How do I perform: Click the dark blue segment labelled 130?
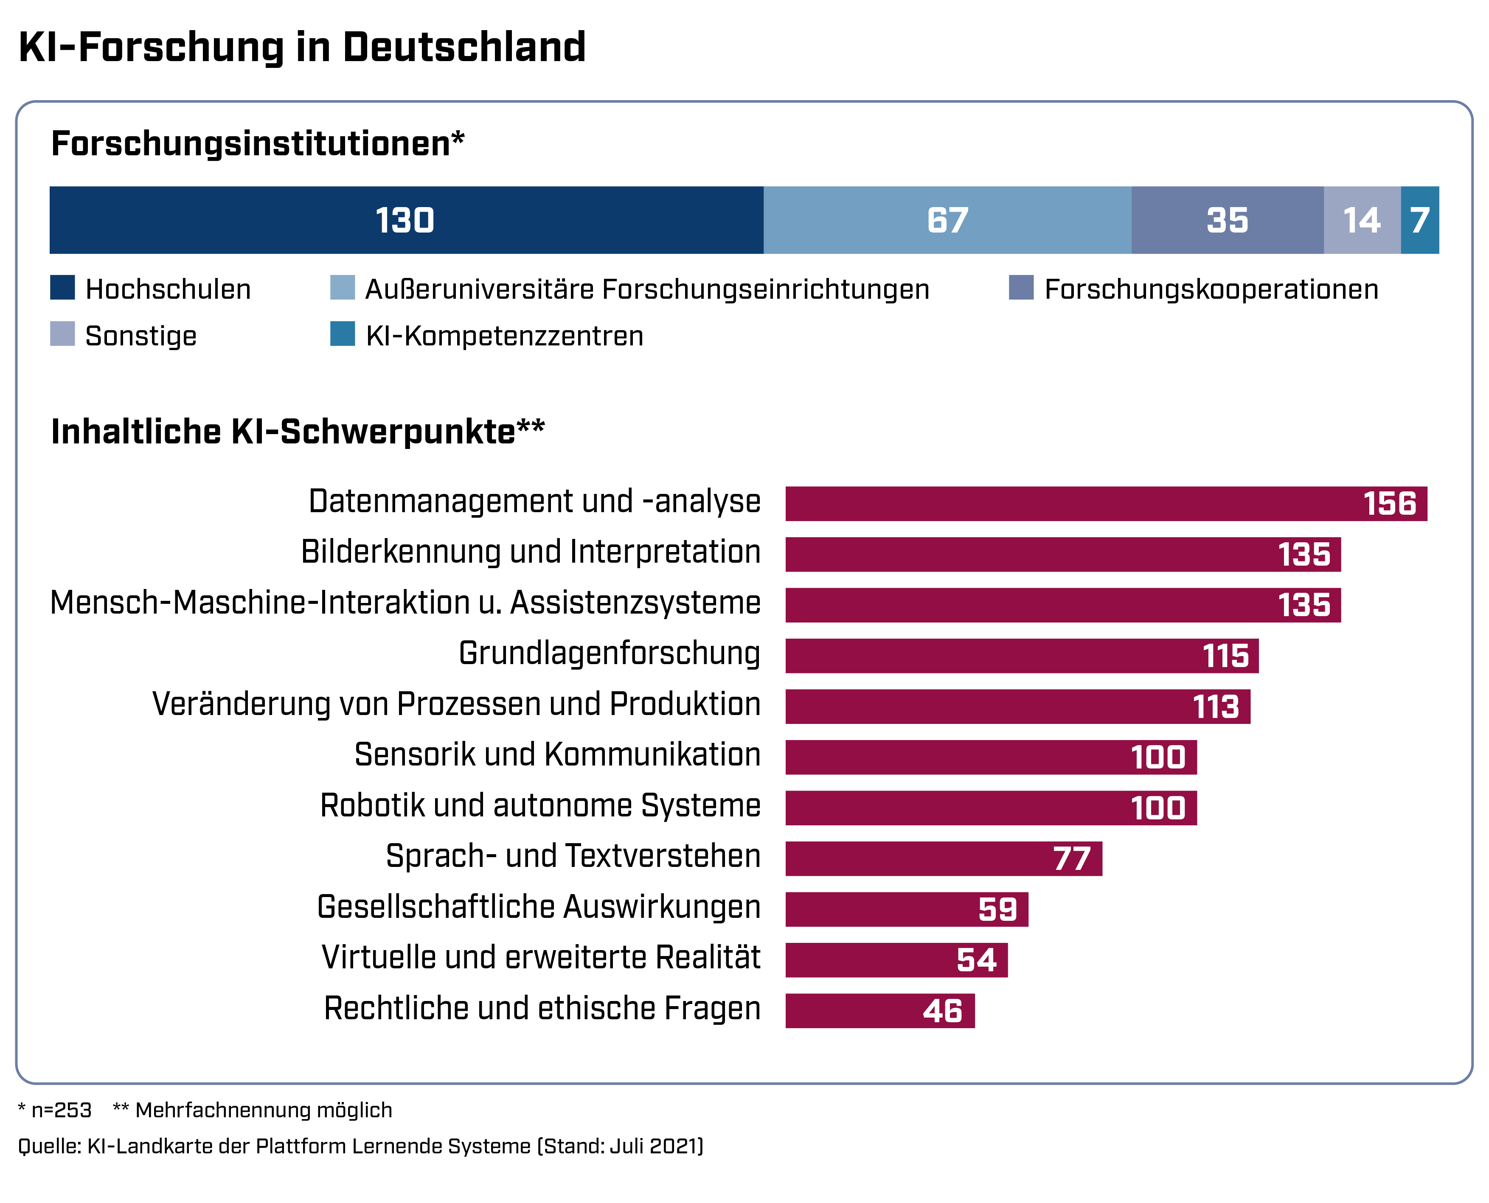[x=406, y=220]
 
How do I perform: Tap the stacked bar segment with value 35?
[x=1227, y=220]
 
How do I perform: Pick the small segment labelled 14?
[x=1362, y=220]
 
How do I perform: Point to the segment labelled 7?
[x=1420, y=220]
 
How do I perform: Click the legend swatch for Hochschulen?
[x=62, y=288]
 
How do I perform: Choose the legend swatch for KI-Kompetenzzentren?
[x=343, y=334]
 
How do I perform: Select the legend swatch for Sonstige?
[x=62, y=334]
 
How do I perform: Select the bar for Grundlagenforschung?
[x=1022, y=656]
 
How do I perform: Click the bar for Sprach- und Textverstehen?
[x=944, y=858]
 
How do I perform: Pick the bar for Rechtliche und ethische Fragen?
[x=879, y=1011]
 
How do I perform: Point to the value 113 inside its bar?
[x=1216, y=707]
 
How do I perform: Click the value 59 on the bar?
[x=997, y=909]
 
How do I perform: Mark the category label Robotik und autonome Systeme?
[x=540, y=805]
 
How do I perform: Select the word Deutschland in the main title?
[x=464, y=47]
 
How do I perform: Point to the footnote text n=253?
[x=61, y=1110]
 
